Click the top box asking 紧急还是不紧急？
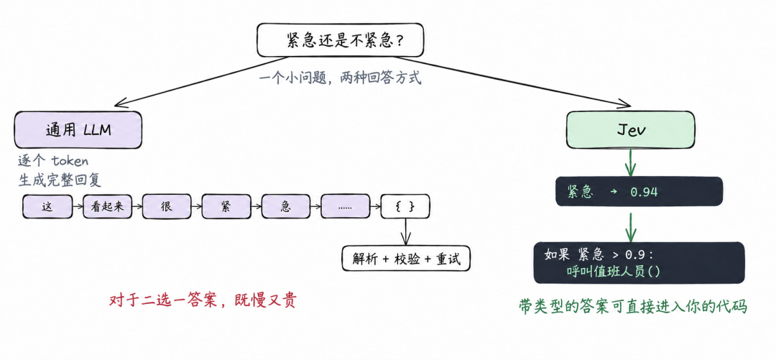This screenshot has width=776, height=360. coord(340,40)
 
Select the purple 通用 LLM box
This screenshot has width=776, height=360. coord(78,130)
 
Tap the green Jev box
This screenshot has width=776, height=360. coord(630,130)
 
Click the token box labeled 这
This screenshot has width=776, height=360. coord(47,207)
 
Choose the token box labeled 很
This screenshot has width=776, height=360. coord(167,207)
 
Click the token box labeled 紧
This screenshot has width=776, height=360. coord(226,207)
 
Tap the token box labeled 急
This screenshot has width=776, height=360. coord(285,207)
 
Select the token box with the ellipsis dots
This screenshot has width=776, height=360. coord(345,207)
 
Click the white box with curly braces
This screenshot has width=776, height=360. coord(405,207)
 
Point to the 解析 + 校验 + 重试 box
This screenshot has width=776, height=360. coord(406,259)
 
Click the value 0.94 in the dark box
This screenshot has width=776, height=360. coord(644,192)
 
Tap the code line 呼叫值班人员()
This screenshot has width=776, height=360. coord(614,272)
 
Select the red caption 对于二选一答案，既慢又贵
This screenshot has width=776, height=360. coord(203,300)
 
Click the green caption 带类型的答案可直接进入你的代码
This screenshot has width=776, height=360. coord(632,307)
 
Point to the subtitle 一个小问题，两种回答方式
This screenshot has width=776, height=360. coord(341,78)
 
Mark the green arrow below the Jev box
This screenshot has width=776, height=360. coord(630,162)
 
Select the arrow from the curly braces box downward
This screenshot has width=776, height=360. coord(406,232)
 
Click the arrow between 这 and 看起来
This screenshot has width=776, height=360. coord(78,208)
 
